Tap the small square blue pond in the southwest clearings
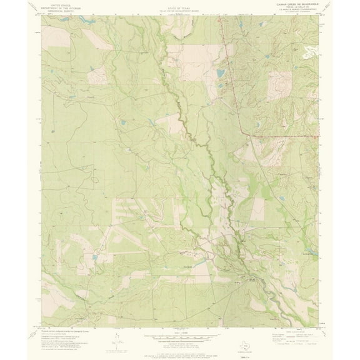click(x=94, y=256)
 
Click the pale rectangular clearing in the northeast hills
click(x=279, y=87)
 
